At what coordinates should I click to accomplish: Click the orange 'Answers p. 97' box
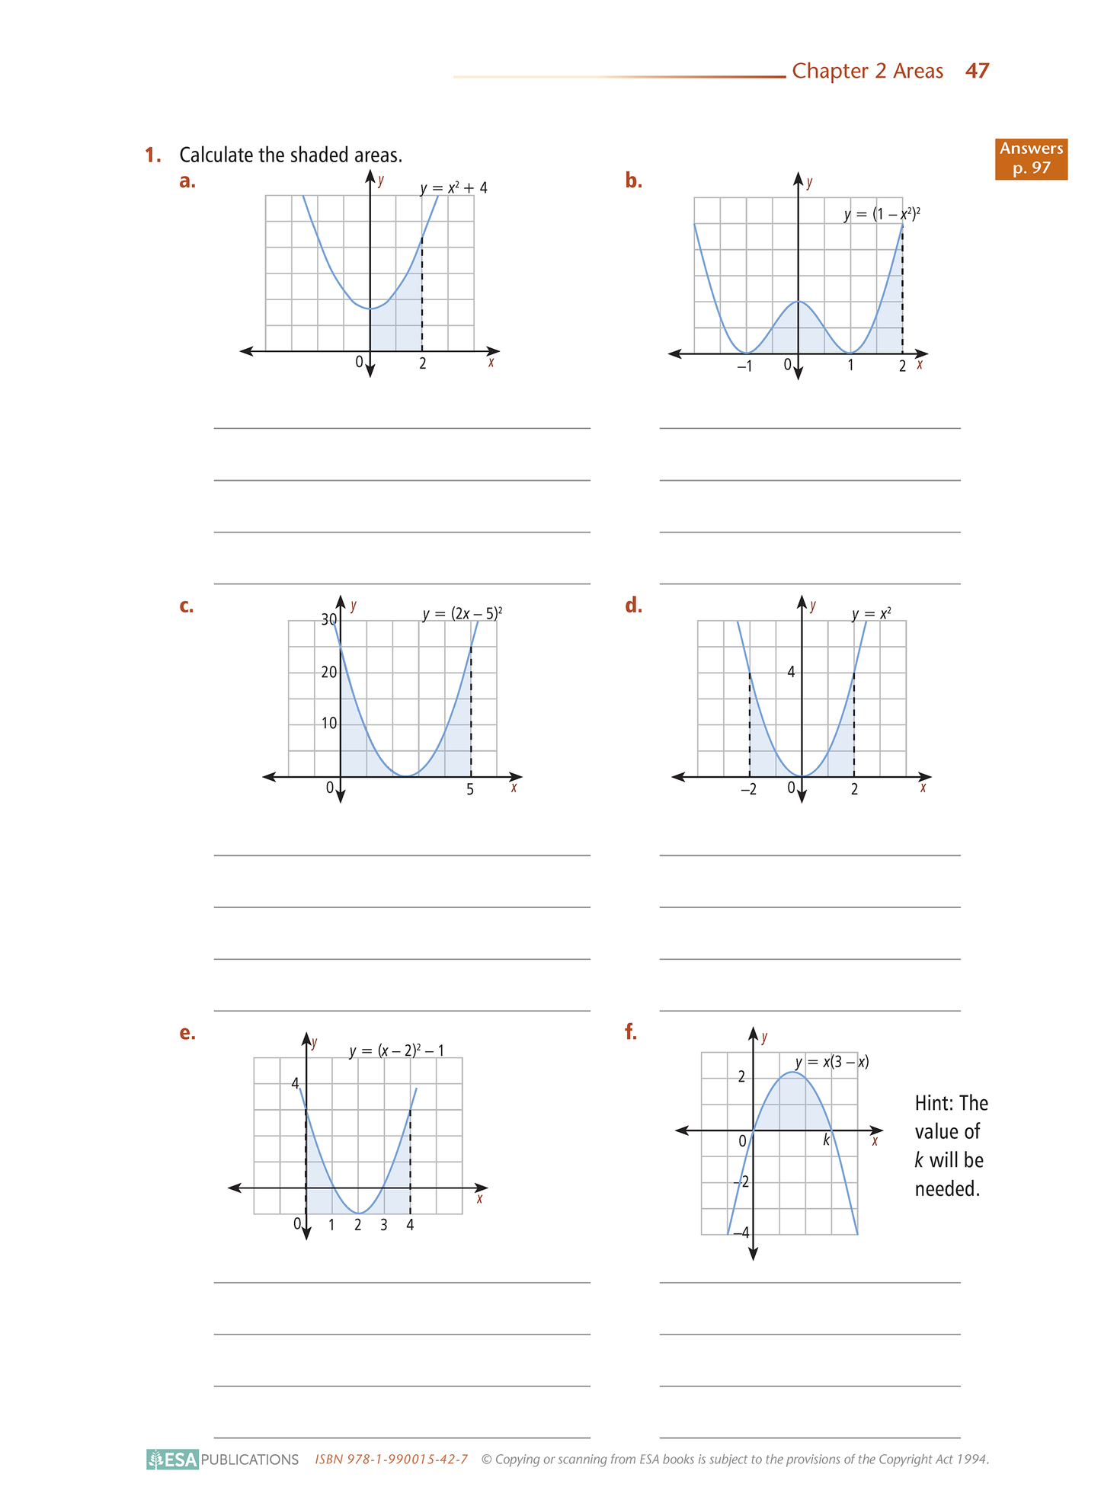tap(1031, 158)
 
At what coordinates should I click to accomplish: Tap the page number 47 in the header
tap(977, 72)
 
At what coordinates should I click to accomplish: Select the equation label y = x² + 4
tap(453, 187)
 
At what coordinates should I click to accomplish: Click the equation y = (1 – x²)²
tap(882, 215)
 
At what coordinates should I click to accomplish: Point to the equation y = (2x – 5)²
tap(462, 613)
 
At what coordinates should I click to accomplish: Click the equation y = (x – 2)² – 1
tap(396, 1051)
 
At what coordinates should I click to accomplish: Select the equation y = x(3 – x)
tap(831, 1062)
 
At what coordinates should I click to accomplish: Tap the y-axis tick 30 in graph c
tap(328, 620)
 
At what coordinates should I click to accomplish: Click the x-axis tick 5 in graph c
tap(470, 790)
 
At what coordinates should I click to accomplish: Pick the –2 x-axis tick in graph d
tap(748, 790)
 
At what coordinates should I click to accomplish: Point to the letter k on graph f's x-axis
tap(826, 1140)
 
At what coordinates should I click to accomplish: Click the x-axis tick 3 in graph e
tap(383, 1225)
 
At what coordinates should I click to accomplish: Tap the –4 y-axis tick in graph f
tap(740, 1233)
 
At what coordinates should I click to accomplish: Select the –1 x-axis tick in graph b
tap(744, 366)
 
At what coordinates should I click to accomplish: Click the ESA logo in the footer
tap(173, 1459)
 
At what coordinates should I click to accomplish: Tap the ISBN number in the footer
tap(392, 1460)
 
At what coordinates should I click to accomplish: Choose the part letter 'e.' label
tap(187, 1033)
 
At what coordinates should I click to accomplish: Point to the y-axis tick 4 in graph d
tap(791, 672)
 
